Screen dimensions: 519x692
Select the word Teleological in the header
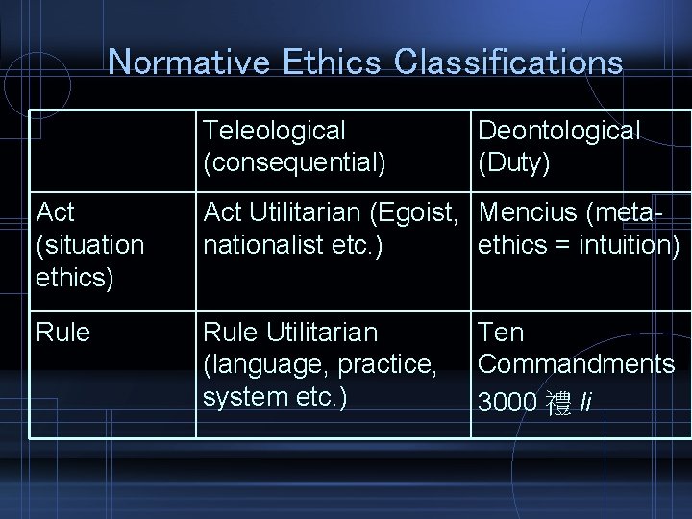point(274,131)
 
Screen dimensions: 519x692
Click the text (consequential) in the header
point(294,163)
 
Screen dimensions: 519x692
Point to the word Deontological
point(558,131)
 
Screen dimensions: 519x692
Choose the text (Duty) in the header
point(514,163)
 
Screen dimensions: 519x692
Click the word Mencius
point(530,211)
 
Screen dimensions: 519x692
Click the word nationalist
point(261,245)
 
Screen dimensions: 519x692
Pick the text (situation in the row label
point(89,245)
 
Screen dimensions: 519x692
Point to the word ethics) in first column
point(74,278)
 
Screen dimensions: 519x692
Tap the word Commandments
point(576,364)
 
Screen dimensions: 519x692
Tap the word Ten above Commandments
point(501,333)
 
